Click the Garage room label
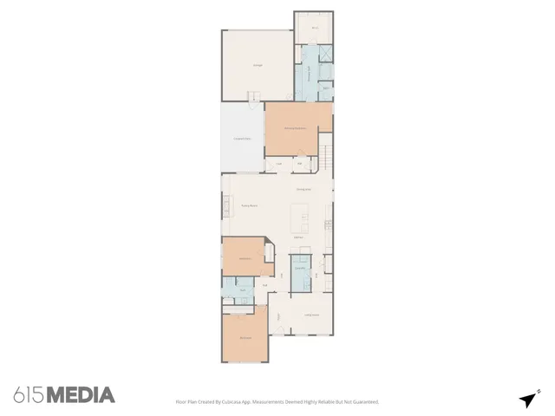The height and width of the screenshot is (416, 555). tap(258, 65)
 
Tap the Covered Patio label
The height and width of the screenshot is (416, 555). tap(242, 139)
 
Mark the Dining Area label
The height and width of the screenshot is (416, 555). tap(304, 189)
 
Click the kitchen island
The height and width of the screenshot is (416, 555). tap(303, 211)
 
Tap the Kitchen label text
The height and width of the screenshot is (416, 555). tap(297, 237)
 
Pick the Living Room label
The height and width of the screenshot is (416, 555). tap(310, 315)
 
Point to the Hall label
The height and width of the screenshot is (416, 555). tap(265, 284)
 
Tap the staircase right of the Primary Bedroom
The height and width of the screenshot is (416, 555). tap(327, 159)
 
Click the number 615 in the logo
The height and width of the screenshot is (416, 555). tap(28, 395)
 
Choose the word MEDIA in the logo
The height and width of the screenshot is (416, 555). tap(80, 395)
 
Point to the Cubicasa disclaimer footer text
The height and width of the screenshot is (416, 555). tap(277, 401)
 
